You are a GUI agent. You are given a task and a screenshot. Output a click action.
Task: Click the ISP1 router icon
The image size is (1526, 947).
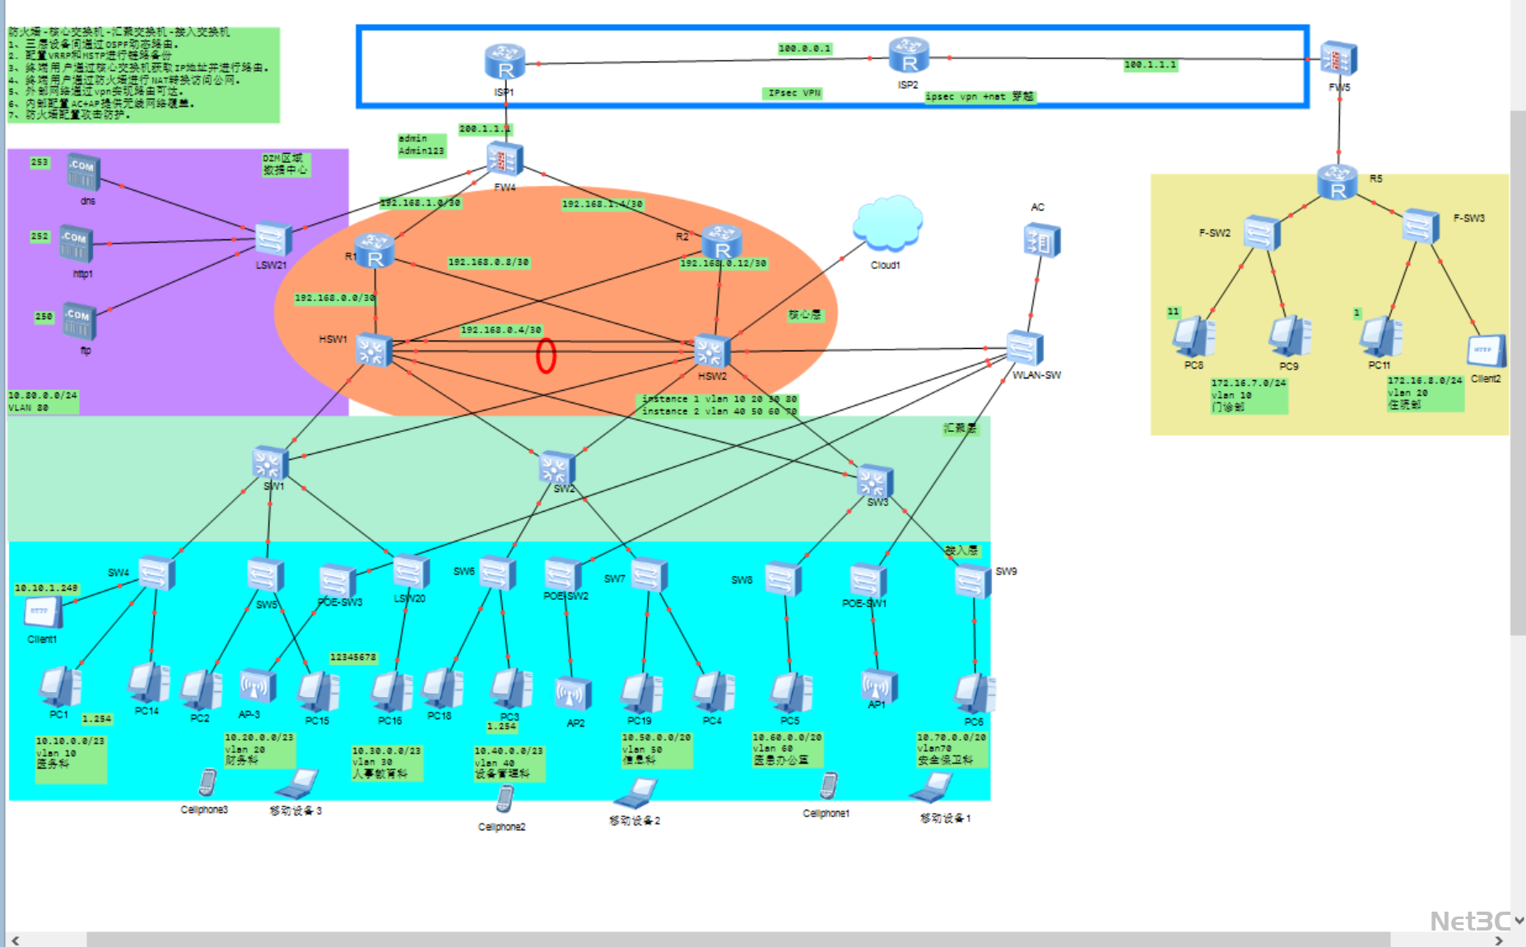click(505, 63)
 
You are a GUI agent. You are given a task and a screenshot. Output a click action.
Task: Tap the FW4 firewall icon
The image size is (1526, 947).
click(505, 159)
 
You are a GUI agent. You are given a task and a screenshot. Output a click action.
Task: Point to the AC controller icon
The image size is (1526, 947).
click(1042, 241)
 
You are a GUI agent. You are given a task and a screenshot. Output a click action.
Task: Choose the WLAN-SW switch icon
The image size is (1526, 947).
click(1025, 348)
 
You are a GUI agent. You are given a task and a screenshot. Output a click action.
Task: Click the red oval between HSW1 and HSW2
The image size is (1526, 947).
click(546, 355)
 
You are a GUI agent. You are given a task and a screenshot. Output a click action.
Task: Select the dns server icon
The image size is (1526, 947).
click(83, 173)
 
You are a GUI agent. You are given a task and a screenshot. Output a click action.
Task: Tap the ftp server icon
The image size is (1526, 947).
click(80, 322)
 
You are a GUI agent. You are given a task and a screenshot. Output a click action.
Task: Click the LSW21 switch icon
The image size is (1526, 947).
click(272, 239)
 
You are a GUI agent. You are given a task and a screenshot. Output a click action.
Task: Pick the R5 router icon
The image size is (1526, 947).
click(1338, 182)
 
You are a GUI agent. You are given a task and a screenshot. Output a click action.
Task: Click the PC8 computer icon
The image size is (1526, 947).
click(1193, 337)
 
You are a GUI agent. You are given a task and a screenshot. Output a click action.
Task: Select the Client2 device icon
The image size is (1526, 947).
click(1486, 351)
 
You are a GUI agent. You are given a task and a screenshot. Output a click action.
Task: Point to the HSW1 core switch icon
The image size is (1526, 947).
click(374, 351)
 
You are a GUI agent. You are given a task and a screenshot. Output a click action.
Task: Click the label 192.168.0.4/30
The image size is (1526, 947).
click(500, 330)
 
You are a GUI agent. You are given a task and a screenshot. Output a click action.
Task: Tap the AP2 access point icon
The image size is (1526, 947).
click(574, 694)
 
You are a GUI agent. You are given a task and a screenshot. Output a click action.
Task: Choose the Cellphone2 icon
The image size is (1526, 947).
click(505, 799)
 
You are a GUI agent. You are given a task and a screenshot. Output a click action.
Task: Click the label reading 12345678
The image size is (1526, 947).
click(353, 657)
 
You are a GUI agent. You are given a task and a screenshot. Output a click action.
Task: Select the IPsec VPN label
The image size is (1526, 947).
click(793, 93)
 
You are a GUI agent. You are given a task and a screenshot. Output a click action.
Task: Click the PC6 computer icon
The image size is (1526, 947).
click(974, 694)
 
